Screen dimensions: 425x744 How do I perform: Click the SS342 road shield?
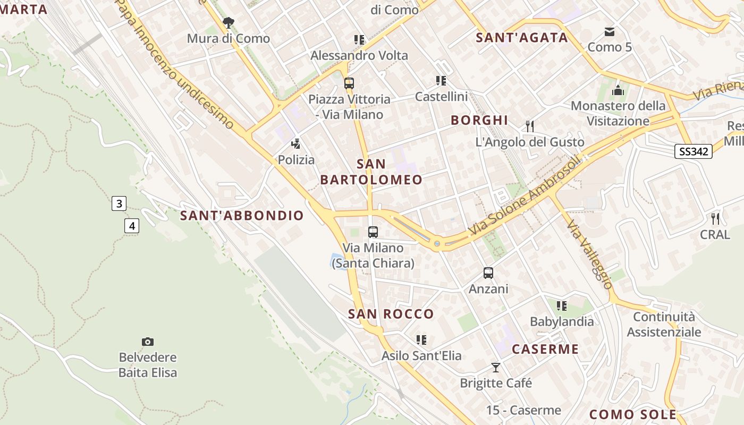(694, 151)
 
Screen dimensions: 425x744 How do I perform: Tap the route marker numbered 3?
(119, 203)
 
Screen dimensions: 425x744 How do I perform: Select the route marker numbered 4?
(132, 226)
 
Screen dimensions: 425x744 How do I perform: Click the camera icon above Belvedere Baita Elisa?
(148, 342)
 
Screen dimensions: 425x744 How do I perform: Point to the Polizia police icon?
(296, 143)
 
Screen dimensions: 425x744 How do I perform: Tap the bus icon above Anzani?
(488, 273)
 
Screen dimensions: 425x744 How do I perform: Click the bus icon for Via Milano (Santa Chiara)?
(373, 232)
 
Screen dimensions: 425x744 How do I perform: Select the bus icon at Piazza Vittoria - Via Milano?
(349, 83)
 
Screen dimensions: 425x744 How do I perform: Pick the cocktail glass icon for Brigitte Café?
(496, 367)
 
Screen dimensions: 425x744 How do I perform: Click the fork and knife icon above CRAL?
(715, 218)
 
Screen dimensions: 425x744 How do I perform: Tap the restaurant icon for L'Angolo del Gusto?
(530, 126)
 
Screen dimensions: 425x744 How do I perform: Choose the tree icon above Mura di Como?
(229, 22)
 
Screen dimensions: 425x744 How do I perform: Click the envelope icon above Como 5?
(610, 32)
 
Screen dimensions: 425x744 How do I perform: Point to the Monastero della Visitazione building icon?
(618, 90)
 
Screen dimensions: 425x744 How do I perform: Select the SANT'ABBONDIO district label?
(242, 216)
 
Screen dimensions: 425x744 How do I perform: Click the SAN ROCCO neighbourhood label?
(391, 314)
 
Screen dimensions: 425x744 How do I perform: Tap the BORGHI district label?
(479, 121)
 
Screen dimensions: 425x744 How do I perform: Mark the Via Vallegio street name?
(590, 254)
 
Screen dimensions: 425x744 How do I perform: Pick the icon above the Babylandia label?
(562, 306)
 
